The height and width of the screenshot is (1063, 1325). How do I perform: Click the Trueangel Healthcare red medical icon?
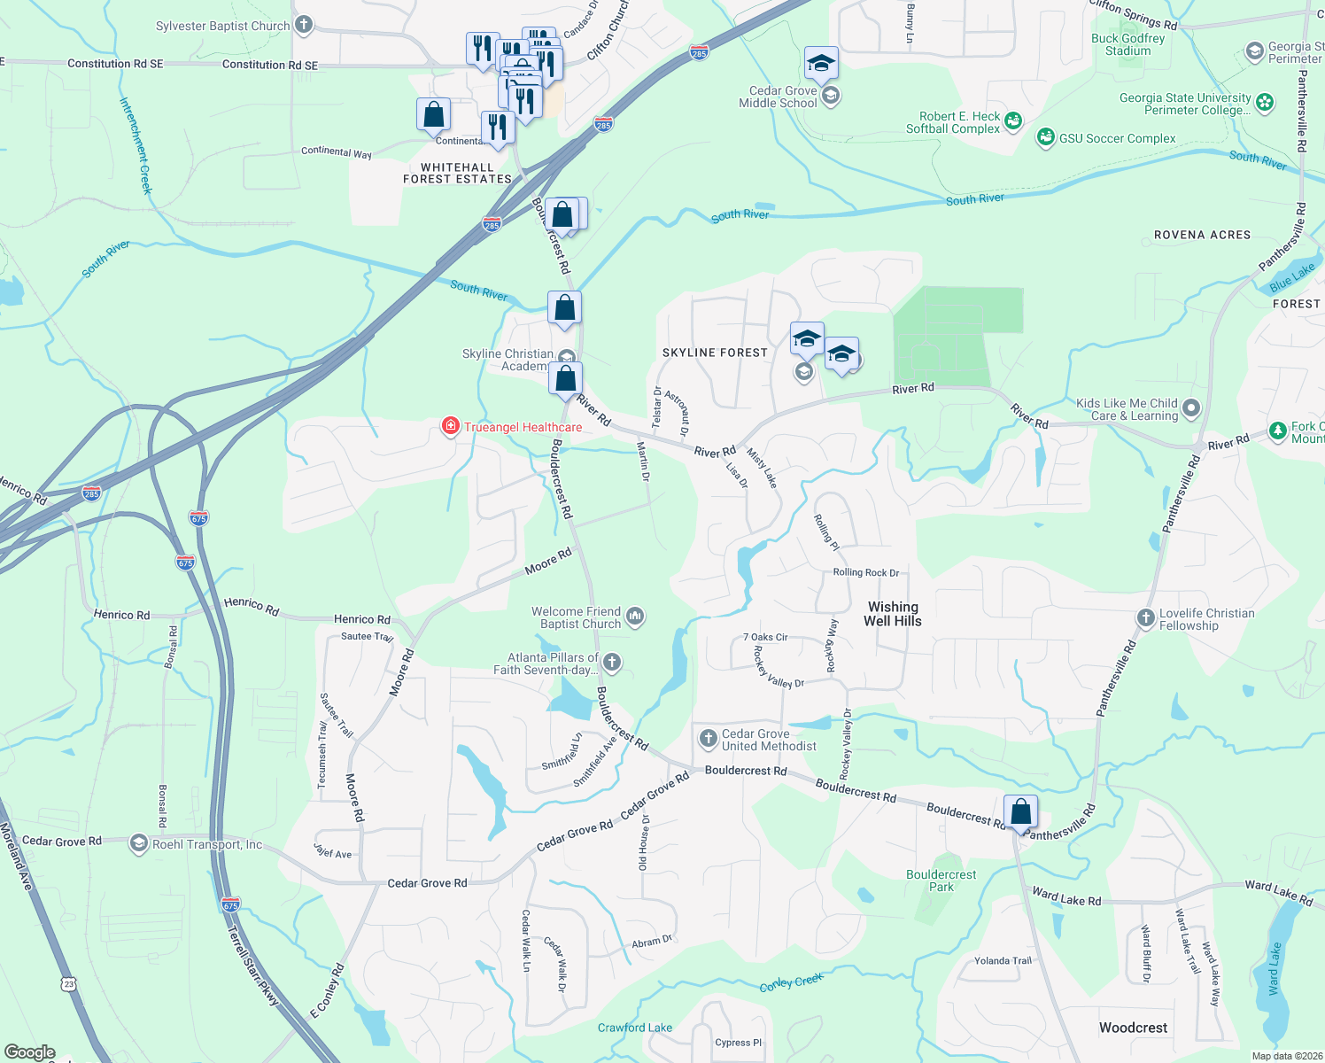(451, 427)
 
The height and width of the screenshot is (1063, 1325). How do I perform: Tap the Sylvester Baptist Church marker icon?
(304, 25)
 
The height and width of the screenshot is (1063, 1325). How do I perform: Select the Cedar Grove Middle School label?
(778, 97)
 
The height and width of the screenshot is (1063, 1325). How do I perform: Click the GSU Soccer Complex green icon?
(1046, 137)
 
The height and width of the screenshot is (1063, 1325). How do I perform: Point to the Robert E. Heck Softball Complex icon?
(1013, 120)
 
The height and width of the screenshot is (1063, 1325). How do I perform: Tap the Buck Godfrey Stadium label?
(1127, 44)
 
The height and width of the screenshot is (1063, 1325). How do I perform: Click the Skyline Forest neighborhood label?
(715, 353)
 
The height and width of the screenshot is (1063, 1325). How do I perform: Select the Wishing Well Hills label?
(893, 614)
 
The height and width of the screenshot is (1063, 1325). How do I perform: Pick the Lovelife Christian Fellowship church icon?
(1145, 618)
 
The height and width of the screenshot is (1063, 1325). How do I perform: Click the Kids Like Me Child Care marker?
(1191, 408)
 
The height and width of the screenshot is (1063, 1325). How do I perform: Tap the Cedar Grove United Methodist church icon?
(708, 739)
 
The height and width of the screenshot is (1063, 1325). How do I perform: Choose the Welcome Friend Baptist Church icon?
(634, 617)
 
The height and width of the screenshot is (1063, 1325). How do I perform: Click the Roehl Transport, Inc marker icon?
(139, 843)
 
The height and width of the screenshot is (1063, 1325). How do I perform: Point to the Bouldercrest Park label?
(941, 881)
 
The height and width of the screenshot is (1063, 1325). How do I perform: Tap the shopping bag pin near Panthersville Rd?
(1020, 811)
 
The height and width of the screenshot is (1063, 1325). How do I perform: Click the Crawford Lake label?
(634, 1028)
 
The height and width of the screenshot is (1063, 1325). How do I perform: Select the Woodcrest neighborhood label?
(1133, 1028)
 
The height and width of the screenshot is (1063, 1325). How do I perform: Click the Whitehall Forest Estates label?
(457, 173)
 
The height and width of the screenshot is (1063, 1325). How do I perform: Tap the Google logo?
(29, 1051)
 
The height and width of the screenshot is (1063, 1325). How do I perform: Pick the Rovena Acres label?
(1202, 235)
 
